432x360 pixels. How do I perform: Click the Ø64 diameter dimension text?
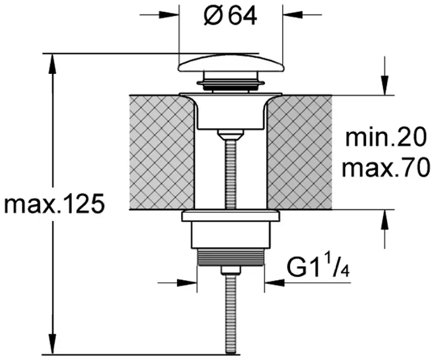click(x=231, y=16)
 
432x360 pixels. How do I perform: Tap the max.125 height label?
click(x=55, y=204)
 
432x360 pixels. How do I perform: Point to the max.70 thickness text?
click(x=386, y=168)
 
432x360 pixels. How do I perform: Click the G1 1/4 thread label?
click(x=318, y=266)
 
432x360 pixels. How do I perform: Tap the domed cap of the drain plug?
click(x=231, y=63)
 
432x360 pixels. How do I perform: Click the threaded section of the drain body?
click(x=231, y=257)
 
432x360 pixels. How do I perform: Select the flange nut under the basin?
click(x=231, y=215)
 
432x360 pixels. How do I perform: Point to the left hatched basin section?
click(x=162, y=152)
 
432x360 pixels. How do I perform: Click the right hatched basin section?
click(x=299, y=152)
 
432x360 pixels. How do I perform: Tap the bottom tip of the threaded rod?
click(x=231, y=353)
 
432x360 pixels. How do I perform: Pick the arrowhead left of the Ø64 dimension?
click(x=169, y=15)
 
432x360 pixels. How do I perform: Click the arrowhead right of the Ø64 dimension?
click(x=293, y=15)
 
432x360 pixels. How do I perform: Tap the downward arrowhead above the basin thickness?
click(x=385, y=85)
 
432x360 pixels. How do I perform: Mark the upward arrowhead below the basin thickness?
click(x=385, y=219)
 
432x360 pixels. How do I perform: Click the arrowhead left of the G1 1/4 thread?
click(x=188, y=282)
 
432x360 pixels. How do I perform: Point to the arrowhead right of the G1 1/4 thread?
click(x=274, y=282)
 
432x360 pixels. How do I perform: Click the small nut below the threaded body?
click(x=231, y=270)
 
